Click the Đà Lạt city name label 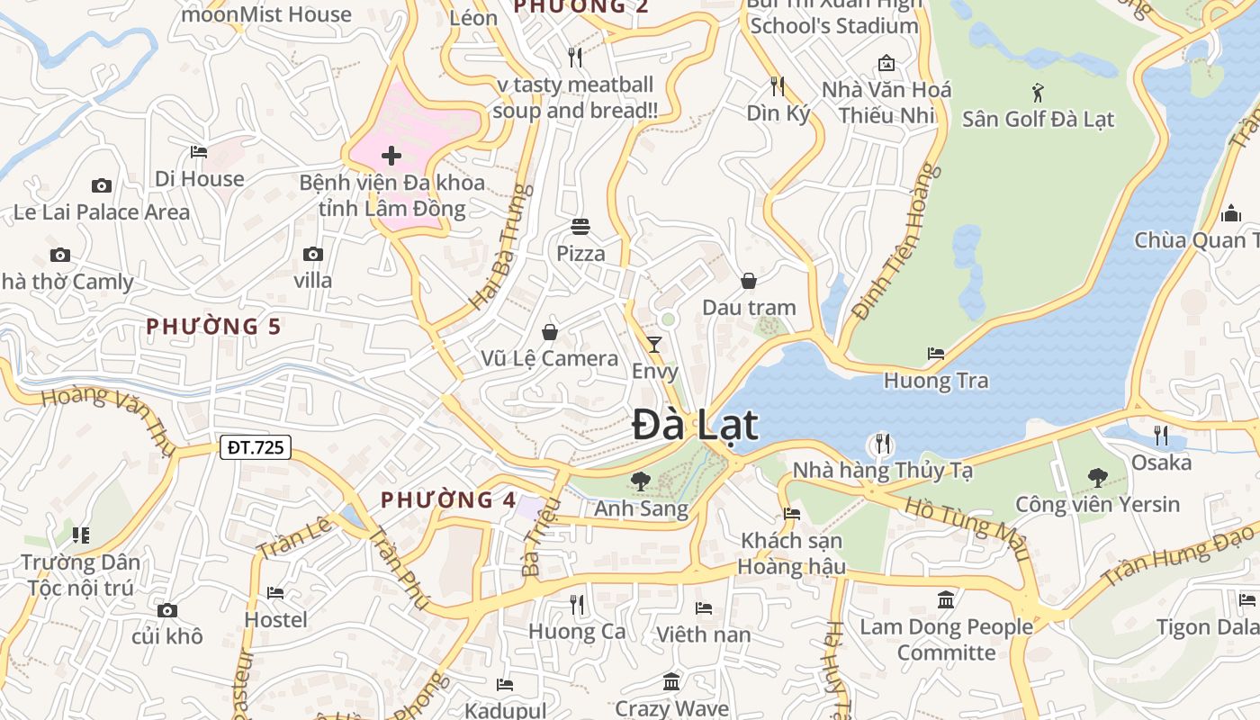pyautogui.click(x=694, y=425)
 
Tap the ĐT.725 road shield pyautogui.click(x=256, y=446)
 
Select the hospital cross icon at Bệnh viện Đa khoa pyautogui.click(x=391, y=156)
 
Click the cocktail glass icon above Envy pyautogui.click(x=654, y=344)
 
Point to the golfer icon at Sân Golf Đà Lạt pyautogui.click(x=1038, y=92)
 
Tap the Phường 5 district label pyautogui.click(x=214, y=327)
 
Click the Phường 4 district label pyautogui.click(x=448, y=500)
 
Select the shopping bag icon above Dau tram pyautogui.click(x=749, y=281)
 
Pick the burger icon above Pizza pyautogui.click(x=580, y=226)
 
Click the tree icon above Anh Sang pyautogui.click(x=641, y=481)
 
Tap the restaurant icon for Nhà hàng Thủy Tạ pyautogui.click(x=882, y=444)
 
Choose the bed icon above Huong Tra pyautogui.click(x=936, y=354)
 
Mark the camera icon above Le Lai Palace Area pyautogui.click(x=102, y=185)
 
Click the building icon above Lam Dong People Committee pyautogui.click(x=946, y=599)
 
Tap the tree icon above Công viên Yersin pyautogui.click(x=1097, y=477)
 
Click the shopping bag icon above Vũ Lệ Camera pyautogui.click(x=550, y=332)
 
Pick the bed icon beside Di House pyautogui.click(x=199, y=152)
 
